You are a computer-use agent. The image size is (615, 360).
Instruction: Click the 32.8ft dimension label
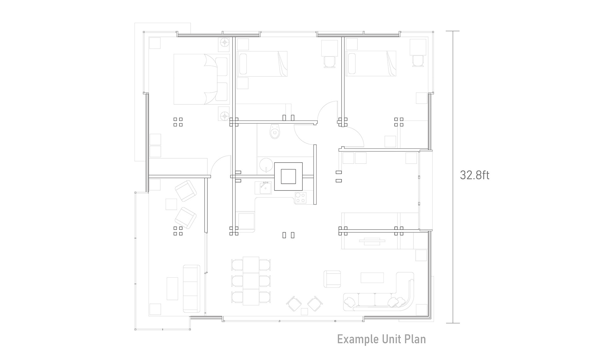coord(475,175)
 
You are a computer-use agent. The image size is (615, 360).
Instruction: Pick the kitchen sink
coord(265,188)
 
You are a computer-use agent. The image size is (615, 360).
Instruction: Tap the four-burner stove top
coord(300,198)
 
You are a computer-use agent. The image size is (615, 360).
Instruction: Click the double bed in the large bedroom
coord(201,79)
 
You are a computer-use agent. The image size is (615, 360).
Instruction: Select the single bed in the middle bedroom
coord(262,64)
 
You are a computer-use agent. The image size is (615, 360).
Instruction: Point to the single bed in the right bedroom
coord(371,64)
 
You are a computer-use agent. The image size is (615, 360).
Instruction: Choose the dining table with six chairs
coord(251,281)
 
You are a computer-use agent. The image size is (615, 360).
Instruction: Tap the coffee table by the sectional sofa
coord(372,278)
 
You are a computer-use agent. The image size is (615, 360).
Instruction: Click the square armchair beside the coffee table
coord(332,279)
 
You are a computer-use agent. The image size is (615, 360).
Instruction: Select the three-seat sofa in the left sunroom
coord(191,288)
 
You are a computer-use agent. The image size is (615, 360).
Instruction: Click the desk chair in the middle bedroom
coord(330,62)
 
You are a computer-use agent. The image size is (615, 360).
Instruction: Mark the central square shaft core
coord(288,176)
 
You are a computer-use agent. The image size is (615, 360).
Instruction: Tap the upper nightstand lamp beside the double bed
coord(224,42)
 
